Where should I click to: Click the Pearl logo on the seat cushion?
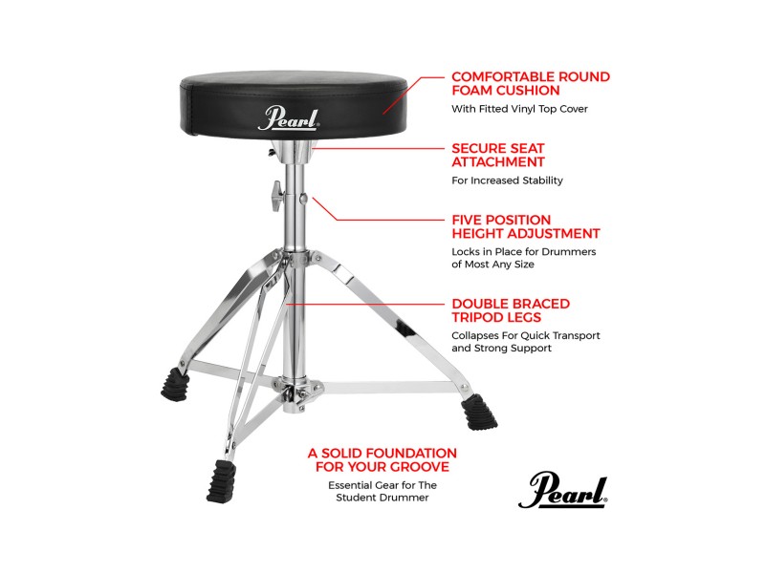(x=289, y=119)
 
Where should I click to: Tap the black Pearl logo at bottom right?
(x=563, y=491)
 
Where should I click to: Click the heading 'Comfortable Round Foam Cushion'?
(x=530, y=83)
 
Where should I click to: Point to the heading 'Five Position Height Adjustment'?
(x=525, y=225)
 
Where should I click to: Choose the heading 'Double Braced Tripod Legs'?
(x=511, y=310)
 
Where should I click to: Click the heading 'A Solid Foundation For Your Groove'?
(x=382, y=459)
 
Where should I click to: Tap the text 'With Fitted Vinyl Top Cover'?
(x=519, y=109)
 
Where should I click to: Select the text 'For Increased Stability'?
(x=507, y=180)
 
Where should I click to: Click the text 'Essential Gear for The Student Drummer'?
(x=382, y=491)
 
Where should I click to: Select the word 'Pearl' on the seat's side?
(x=289, y=119)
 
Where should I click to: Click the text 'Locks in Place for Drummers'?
(x=523, y=252)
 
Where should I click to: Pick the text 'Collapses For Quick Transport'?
(x=526, y=336)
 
